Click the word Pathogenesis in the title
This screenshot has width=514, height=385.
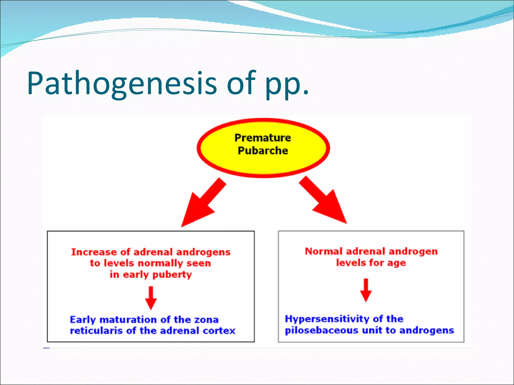122,84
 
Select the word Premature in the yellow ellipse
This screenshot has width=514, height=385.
263,138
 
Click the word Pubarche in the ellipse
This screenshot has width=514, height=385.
263,151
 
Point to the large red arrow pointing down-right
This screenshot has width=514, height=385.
324,201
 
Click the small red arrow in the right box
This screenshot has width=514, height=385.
366,290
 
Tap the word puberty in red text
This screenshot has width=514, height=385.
172,275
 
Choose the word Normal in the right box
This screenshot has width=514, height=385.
324,251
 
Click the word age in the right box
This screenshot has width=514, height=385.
396,263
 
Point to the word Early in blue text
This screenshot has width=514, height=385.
83,320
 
